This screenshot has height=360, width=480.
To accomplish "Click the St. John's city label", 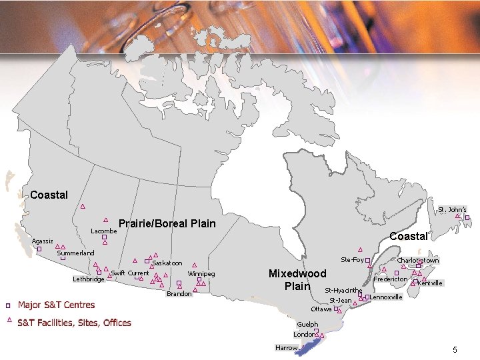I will [x=452, y=209].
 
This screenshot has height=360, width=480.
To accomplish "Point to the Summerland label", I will [x=75, y=253].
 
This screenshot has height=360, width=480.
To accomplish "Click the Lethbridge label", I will [x=89, y=279].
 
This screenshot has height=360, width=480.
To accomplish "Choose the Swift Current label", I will [x=130, y=273].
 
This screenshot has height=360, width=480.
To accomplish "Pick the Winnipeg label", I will [x=201, y=274].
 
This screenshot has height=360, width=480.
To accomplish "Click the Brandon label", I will [x=179, y=294].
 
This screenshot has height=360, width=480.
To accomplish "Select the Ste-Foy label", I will [x=352, y=259].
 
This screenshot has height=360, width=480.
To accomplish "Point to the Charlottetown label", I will [x=418, y=260].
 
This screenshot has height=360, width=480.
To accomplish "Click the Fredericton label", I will [x=391, y=279].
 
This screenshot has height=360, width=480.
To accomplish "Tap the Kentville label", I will [x=430, y=283].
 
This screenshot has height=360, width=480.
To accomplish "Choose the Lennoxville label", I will [x=386, y=297].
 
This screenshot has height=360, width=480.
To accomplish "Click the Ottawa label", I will [x=321, y=309].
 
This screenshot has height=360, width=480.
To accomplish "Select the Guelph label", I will [x=307, y=325].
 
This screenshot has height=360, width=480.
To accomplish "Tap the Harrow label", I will [x=286, y=348].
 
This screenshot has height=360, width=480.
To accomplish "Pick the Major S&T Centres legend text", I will [x=56, y=305].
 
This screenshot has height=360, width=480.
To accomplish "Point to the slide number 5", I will [x=455, y=350].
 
